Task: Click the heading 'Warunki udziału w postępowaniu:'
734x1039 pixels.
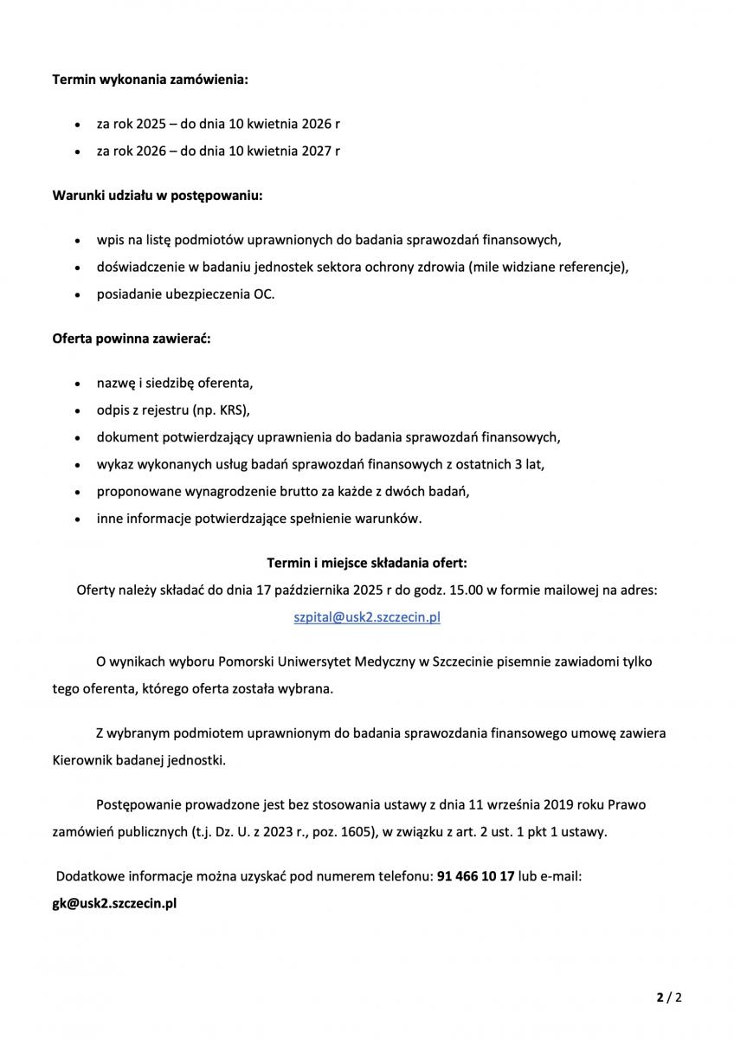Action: pos(158,195)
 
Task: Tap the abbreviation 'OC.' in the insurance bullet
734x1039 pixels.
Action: pos(264,294)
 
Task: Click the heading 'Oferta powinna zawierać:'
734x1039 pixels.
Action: pos(132,339)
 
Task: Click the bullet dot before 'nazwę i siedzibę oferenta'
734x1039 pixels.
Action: pos(79,383)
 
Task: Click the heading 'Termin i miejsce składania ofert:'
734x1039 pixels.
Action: pos(367,563)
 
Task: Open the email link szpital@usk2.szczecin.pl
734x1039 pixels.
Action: pos(367,617)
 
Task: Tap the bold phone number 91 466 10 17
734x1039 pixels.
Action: pos(476,876)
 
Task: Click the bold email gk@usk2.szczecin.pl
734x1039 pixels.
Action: pos(115,902)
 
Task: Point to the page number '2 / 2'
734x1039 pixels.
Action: pos(669,997)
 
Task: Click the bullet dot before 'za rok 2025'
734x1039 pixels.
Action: pos(79,125)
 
